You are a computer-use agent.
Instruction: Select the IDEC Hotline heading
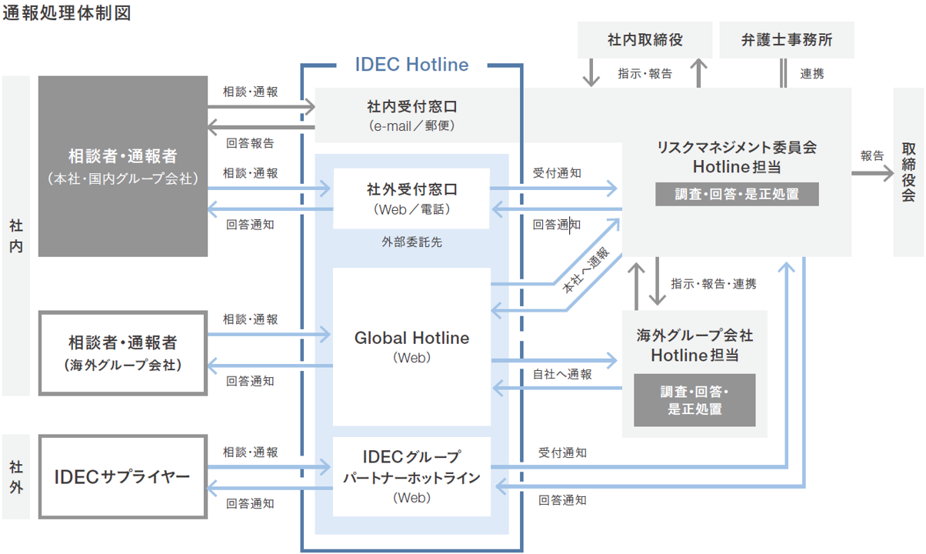(411, 65)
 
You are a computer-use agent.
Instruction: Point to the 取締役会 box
(908, 172)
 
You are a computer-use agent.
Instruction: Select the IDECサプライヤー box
(123, 477)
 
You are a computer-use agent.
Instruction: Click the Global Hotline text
(411, 339)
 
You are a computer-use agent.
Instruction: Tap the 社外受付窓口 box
(411, 198)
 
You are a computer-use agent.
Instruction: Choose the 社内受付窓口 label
(411, 105)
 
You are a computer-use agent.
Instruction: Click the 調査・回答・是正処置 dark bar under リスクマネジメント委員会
(737, 194)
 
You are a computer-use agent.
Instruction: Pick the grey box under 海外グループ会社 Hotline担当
(694, 400)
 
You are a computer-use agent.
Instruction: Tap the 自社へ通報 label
(562, 375)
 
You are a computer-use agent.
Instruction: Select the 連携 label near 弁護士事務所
(811, 74)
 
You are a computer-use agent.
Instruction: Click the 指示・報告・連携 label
(713, 284)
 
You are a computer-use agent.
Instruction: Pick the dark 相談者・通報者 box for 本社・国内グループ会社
(123, 166)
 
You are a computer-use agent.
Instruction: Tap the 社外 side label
(16, 477)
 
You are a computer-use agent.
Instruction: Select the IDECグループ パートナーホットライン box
(411, 477)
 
